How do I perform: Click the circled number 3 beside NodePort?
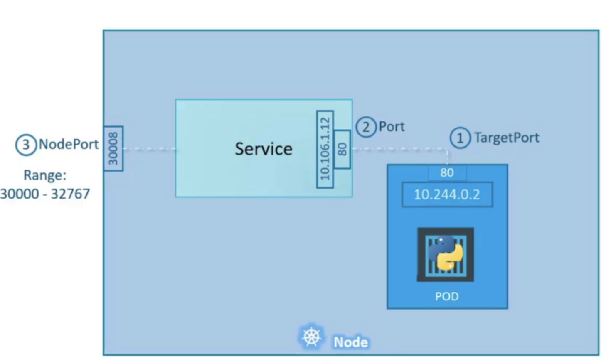click(26, 145)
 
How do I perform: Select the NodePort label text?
click(69, 144)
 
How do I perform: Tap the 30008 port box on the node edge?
click(113, 148)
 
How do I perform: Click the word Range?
click(44, 175)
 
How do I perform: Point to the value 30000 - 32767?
click(45, 194)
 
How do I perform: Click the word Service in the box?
click(264, 149)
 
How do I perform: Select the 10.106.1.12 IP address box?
click(325, 149)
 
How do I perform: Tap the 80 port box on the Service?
click(342, 149)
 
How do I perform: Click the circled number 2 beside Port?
click(366, 127)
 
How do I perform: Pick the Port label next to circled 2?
click(392, 126)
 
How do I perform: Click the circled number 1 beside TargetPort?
click(460, 138)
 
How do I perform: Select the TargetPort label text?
click(507, 138)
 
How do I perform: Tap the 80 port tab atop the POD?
click(447, 173)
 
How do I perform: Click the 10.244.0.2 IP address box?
click(447, 194)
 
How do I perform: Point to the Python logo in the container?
click(446, 253)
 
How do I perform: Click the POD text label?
click(447, 296)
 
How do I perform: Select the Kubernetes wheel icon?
click(311, 337)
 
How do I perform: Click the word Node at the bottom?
click(350, 342)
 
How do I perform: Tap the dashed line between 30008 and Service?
click(150, 148)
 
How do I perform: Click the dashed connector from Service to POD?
click(399, 148)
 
